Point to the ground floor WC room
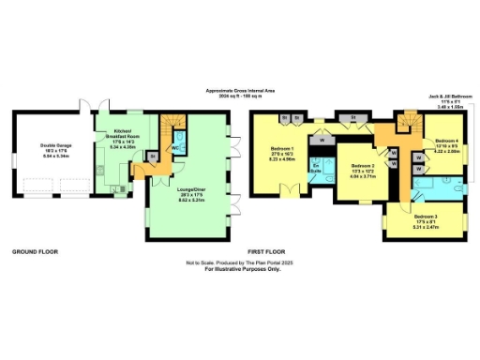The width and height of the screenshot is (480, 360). tap(175, 147)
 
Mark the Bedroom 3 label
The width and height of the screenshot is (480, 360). tap(426, 222)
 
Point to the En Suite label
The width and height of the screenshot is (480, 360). tap(316, 172)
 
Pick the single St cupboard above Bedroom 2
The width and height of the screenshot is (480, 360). tap(352, 117)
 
